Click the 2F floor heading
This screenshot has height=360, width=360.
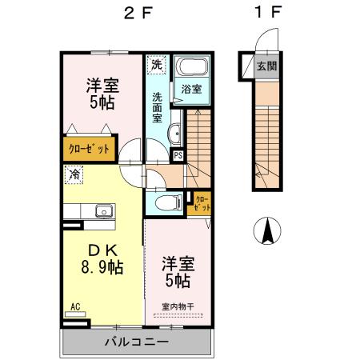138,13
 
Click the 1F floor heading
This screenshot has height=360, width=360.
267,12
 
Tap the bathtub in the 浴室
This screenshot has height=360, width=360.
191,66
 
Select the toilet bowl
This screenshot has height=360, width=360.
168,202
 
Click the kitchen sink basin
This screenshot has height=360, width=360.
104,211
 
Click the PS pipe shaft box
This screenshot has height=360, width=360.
178,155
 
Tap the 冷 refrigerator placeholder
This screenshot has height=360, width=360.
74,174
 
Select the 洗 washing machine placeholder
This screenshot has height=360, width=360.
157,64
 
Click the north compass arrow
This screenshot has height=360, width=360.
267,230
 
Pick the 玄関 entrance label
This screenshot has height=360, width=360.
266,66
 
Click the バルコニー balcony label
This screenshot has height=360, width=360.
137,342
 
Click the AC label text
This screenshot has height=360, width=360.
75,306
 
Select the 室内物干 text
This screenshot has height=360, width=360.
178,307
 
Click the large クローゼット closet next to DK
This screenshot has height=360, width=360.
89,149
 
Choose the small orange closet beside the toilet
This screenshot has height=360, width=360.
199,203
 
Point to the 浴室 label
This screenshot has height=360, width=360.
191,89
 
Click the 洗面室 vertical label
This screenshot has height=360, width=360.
158,107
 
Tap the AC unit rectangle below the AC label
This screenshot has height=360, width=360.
75,314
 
